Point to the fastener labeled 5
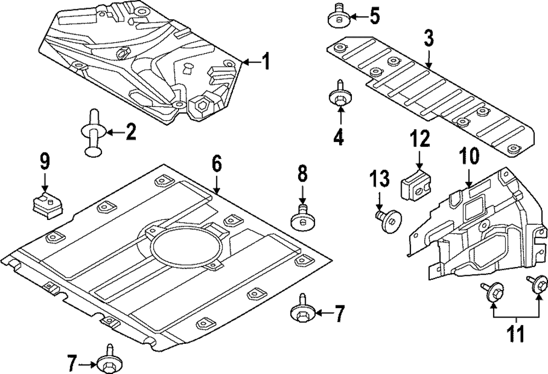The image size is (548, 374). pos(338,18)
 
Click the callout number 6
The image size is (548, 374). pos(216,163)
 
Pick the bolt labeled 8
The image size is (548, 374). pos(302,218)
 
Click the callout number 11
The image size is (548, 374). pos(515,333)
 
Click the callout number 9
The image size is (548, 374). pos(44,162)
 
